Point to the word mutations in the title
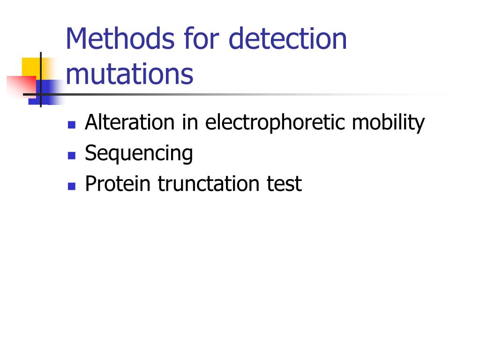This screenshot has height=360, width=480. click(129, 74)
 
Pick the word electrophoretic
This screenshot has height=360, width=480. click(275, 123)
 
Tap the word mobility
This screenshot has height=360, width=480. click(388, 123)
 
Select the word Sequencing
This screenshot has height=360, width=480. click(139, 153)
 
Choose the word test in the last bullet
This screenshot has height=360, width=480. click(284, 184)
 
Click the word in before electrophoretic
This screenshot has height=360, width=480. click(191, 123)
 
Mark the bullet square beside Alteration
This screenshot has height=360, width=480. click(72, 125)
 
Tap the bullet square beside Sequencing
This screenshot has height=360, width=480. click(72, 155)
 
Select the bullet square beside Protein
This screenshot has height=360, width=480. click(72, 186)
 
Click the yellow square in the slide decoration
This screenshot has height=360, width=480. click(30, 66)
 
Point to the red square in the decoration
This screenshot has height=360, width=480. click(19, 84)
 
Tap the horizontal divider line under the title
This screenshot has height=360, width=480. click(234, 94)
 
